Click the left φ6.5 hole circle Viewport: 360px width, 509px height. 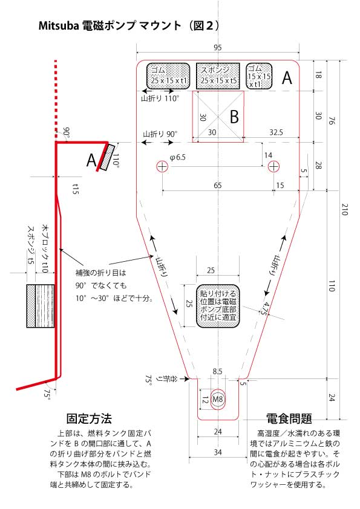click(x=162, y=166)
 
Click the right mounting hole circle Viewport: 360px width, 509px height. click(x=273, y=166)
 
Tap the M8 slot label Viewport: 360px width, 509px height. click(x=218, y=398)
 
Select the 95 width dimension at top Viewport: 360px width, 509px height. click(x=218, y=47)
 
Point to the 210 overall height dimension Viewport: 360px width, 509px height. click(x=344, y=209)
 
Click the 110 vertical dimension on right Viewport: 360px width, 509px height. click(x=332, y=286)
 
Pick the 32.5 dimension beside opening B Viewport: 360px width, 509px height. click(x=276, y=132)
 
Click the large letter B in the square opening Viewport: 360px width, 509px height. click(x=234, y=117)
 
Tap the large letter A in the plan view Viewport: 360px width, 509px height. click(x=287, y=78)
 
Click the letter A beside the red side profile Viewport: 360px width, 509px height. click(x=91, y=160)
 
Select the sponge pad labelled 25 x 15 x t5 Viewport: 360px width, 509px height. click(x=218, y=76)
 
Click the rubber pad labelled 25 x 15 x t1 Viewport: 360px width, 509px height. click(x=168, y=76)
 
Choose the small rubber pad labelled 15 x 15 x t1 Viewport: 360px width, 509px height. click(x=259, y=76)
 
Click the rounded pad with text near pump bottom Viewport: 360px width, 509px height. click(x=218, y=306)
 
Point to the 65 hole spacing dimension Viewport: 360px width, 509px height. click(x=218, y=185)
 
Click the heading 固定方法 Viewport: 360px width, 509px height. click(x=89, y=418)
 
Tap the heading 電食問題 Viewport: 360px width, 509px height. click(x=289, y=418)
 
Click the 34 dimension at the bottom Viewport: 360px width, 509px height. click(x=218, y=452)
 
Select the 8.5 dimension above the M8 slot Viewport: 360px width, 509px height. click(x=217, y=371)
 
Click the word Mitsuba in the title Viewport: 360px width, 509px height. click(x=59, y=25)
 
